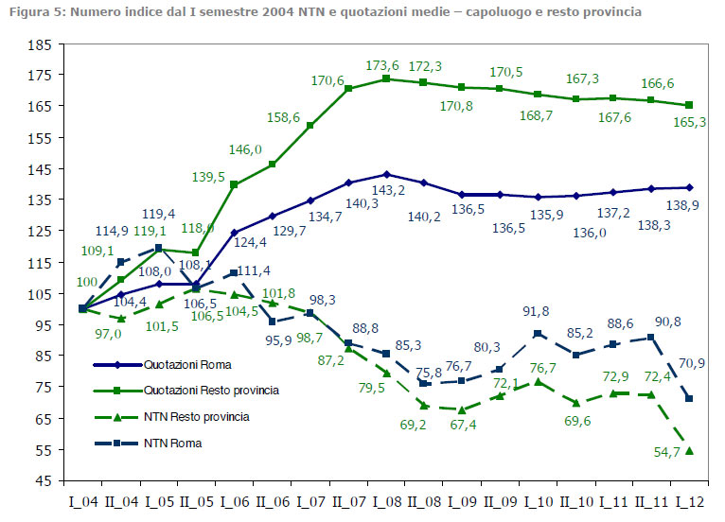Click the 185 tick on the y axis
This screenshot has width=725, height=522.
pos(39,45)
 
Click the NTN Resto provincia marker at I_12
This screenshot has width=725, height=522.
pos(688,450)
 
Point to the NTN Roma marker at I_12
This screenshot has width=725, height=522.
pos(688,399)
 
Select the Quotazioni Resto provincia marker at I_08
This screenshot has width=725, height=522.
pos(385,78)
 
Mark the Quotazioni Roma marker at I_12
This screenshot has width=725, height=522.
pos(688,187)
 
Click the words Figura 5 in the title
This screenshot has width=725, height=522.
pos(34,12)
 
